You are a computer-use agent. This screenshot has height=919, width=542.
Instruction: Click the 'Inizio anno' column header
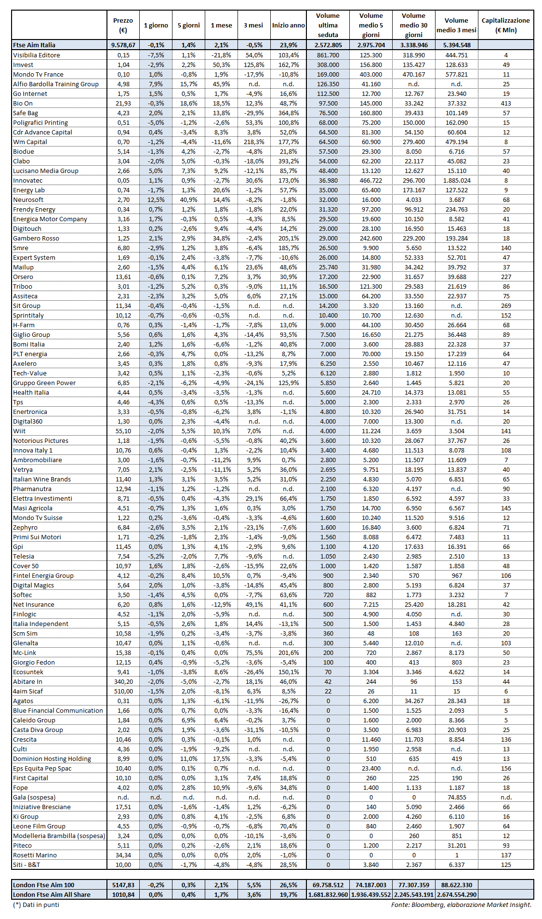[288, 25]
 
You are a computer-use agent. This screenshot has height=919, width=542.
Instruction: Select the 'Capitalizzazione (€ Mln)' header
[505, 25]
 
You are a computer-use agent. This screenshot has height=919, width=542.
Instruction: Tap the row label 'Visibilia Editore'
[37, 55]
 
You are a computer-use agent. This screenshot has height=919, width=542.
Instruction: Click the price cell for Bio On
[123, 103]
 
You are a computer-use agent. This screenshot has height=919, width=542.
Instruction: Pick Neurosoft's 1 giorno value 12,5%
[156, 200]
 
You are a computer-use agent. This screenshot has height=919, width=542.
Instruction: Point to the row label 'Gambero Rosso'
[36, 238]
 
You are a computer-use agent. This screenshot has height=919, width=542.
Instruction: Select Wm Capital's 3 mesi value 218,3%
[253, 142]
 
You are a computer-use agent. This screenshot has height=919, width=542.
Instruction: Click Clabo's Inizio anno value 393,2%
[288, 161]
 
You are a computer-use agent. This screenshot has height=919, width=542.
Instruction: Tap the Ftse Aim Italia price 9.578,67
[123, 45]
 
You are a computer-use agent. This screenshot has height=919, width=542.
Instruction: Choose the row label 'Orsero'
[23, 277]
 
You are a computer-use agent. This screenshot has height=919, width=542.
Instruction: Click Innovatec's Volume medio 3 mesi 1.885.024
[457, 180]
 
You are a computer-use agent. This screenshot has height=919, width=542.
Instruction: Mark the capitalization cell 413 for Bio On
[506, 103]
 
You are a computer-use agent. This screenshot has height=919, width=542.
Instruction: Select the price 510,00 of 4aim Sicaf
[123, 691]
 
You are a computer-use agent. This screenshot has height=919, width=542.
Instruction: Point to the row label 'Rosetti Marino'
[35, 855]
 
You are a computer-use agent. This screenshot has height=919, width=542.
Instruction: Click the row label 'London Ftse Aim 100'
[44, 885]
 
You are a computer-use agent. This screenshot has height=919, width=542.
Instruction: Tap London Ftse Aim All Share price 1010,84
[123, 894]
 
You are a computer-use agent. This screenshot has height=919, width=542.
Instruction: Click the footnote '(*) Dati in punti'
[36, 905]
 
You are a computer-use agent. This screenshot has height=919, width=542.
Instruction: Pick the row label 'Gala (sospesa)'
[34, 797]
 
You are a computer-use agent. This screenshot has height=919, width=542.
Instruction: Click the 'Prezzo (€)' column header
[123, 25]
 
